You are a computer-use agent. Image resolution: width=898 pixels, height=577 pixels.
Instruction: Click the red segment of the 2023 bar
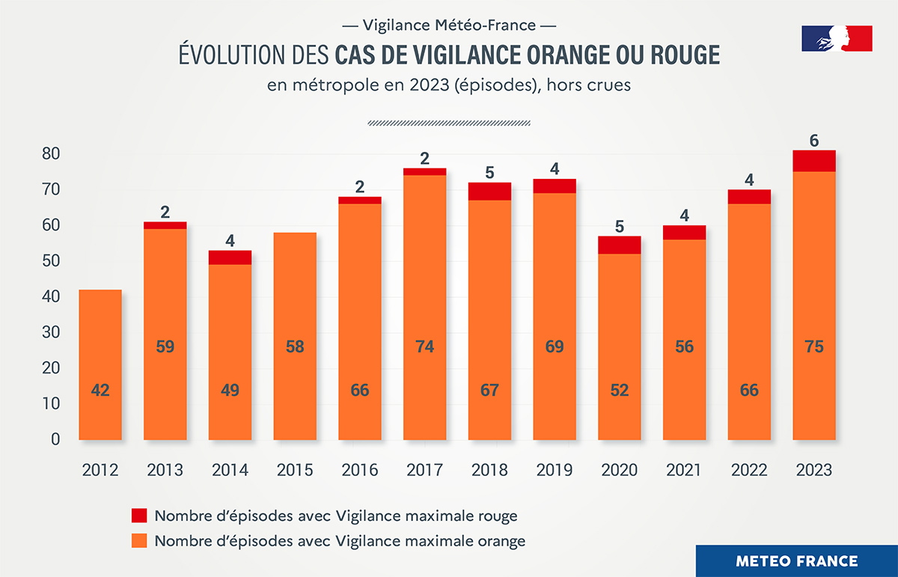tap(814, 161)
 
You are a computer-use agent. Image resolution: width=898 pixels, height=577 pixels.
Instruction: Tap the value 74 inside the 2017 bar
tap(424, 346)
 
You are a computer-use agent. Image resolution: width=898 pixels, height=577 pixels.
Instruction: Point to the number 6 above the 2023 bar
tap(814, 141)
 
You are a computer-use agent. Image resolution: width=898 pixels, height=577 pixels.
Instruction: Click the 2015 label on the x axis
tap(294, 470)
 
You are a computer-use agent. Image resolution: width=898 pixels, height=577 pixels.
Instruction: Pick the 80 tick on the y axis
tap(50, 154)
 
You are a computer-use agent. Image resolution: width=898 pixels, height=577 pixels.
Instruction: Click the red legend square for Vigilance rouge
tap(140, 515)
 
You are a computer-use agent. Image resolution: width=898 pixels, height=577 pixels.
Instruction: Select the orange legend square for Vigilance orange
tap(140, 540)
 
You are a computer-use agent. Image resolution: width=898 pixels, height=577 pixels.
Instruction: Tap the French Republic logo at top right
tap(837, 38)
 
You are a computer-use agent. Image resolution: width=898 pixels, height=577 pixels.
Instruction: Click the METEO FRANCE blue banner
tap(796, 561)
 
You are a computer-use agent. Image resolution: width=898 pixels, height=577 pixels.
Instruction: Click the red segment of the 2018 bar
tap(489, 192)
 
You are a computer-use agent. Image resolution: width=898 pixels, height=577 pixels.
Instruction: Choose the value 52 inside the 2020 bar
tap(620, 390)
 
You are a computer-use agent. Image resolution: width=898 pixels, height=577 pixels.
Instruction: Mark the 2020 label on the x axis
tap(620, 470)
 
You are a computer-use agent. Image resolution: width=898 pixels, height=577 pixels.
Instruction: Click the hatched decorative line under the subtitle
tap(449, 123)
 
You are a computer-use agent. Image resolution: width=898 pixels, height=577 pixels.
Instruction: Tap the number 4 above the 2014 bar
tap(230, 241)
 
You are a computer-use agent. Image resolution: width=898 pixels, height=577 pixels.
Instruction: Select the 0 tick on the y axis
tap(55, 440)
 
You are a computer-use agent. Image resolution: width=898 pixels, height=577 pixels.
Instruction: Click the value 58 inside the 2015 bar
tap(294, 346)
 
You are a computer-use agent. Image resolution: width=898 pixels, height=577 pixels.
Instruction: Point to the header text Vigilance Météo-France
tap(449, 25)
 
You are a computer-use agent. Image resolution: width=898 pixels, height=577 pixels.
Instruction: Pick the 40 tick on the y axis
tap(50, 297)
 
